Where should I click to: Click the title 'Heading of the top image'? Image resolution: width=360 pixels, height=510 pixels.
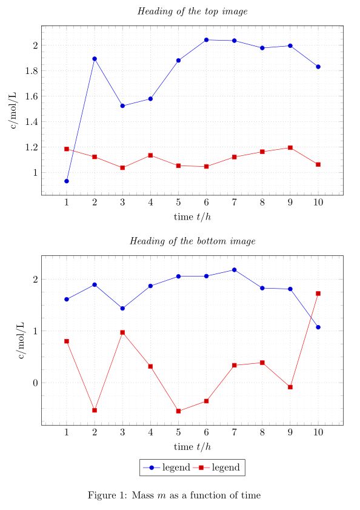coord(192,11)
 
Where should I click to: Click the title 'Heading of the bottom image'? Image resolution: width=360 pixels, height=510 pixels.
coord(192,241)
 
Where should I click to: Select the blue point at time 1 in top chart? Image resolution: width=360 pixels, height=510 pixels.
coord(67,181)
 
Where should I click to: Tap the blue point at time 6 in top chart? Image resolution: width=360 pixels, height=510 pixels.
coord(206,40)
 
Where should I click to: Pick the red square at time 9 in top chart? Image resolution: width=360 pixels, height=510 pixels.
coord(290,147)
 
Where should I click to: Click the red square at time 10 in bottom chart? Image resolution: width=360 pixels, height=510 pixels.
coord(318,294)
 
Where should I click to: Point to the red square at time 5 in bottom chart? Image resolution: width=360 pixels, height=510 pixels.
coord(178,411)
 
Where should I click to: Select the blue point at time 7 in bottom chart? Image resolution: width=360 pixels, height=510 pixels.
coord(234,270)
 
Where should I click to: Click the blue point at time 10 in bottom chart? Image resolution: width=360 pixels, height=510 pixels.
coord(318,327)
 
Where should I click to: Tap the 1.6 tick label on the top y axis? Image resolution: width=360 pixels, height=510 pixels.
coord(32,96)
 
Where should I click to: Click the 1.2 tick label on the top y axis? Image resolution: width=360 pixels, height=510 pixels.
coord(32,147)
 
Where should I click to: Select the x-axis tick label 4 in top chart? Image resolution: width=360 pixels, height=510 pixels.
coord(150,203)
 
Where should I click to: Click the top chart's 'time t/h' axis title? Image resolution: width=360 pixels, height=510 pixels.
coord(192,216)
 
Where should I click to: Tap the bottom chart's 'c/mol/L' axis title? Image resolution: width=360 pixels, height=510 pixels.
coord(22,341)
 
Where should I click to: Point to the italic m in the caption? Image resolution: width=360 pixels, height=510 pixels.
coord(161,495)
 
